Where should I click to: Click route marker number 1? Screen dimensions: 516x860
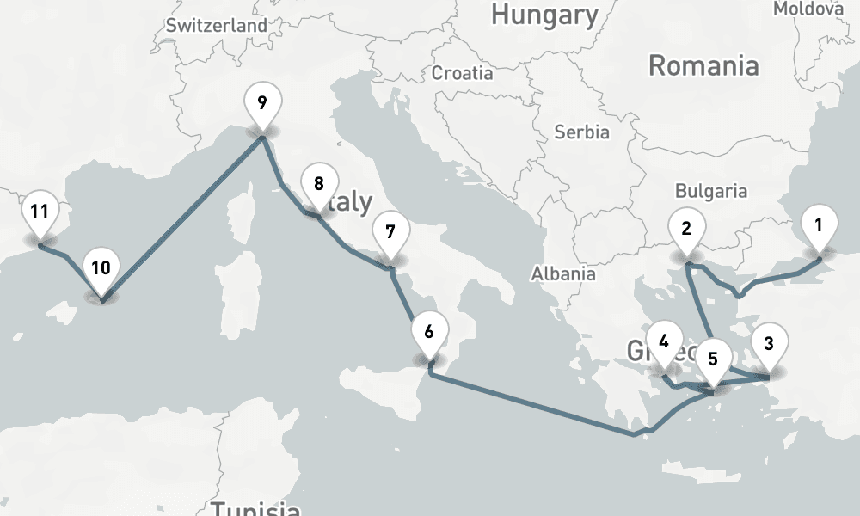coord(819,227)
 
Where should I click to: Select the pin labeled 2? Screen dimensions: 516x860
coord(686,230)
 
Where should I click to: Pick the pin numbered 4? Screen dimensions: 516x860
coord(664,341)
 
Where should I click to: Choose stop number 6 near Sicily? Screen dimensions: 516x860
coord(429,331)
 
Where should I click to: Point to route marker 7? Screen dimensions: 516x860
coord(390,233)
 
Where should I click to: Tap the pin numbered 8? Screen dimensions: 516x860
coord(318,185)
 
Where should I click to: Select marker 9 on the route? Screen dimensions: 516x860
coord(261,102)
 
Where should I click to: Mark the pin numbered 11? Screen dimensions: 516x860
coord(39,212)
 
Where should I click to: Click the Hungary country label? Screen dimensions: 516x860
coord(544,15)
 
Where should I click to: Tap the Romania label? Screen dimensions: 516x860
coord(703,65)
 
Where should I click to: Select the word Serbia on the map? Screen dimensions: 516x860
coord(582,132)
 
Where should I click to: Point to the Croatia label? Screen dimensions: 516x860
coord(463,73)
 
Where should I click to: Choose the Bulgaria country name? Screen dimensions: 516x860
coord(711,191)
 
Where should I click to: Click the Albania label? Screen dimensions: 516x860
coord(564,274)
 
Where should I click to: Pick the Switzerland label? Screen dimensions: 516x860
coord(217,26)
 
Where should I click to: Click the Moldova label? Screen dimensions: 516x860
coord(808,9)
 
